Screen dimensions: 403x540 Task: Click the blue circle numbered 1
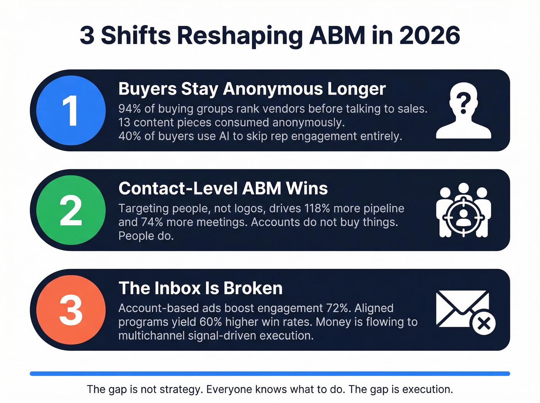pos(71,111)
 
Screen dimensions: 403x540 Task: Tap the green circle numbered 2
pos(71,210)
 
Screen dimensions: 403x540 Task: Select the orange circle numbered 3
pos(71,310)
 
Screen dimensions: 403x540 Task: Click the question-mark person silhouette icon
pos(464,112)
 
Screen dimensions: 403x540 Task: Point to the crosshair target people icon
pos(463,211)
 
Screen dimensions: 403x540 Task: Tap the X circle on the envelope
pos(484,323)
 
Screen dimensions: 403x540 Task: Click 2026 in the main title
pos(429,35)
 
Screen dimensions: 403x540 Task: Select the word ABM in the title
pos(337,35)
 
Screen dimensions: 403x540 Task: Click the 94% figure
pos(130,109)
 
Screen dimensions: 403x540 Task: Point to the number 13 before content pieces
pos(124,123)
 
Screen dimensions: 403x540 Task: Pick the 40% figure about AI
pos(130,136)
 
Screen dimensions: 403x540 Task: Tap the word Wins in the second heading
pos(307,189)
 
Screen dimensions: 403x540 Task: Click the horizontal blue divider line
pos(270,373)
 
